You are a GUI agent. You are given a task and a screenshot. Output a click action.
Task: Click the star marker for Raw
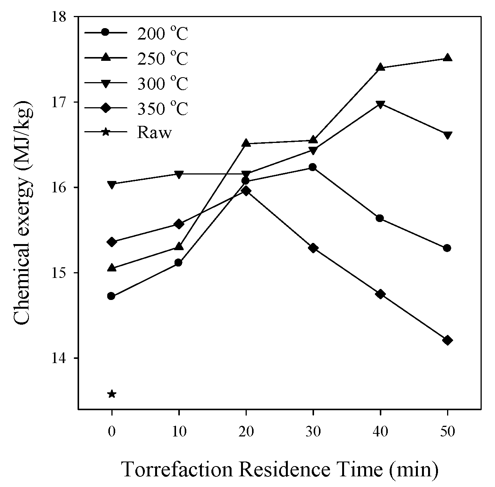pyautogui.click(x=111, y=394)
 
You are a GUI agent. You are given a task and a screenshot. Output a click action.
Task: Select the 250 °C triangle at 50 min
pyautogui.click(x=447, y=58)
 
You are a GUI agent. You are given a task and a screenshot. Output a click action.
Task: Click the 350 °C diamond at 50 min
pyautogui.click(x=447, y=340)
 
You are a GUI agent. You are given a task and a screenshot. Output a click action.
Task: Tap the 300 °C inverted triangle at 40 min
pyautogui.click(x=380, y=104)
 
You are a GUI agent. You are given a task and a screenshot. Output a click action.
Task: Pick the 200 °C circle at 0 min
pyautogui.click(x=111, y=296)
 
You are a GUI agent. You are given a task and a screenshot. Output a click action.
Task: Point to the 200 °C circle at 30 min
pyautogui.click(x=313, y=167)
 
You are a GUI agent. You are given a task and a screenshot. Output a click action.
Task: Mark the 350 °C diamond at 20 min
pyautogui.click(x=246, y=190)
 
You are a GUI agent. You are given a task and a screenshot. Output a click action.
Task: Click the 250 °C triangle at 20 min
pyautogui.click(x=246, y=143)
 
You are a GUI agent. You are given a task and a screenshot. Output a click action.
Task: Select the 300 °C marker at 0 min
pyautogui.click(x=111, y=185)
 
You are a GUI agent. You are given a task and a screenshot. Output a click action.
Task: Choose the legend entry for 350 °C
pyautogui.click(x=162, y=109)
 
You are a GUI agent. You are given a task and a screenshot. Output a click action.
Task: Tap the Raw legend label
pyautogui.click(x=154, y=133)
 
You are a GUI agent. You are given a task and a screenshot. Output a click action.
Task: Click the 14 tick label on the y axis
pyautogui.click(x=63, y=358)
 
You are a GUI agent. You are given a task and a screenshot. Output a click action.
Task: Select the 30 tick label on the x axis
pyautogui.click(x=313, y=432)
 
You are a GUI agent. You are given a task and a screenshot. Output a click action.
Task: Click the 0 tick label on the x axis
pyautogui.click(x=111, y=432)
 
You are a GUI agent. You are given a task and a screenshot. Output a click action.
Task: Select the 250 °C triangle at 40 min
pyautogui.click(x=380, y=67)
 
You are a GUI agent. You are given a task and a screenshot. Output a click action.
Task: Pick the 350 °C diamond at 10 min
pyautogui.click(x=179, y=224)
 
